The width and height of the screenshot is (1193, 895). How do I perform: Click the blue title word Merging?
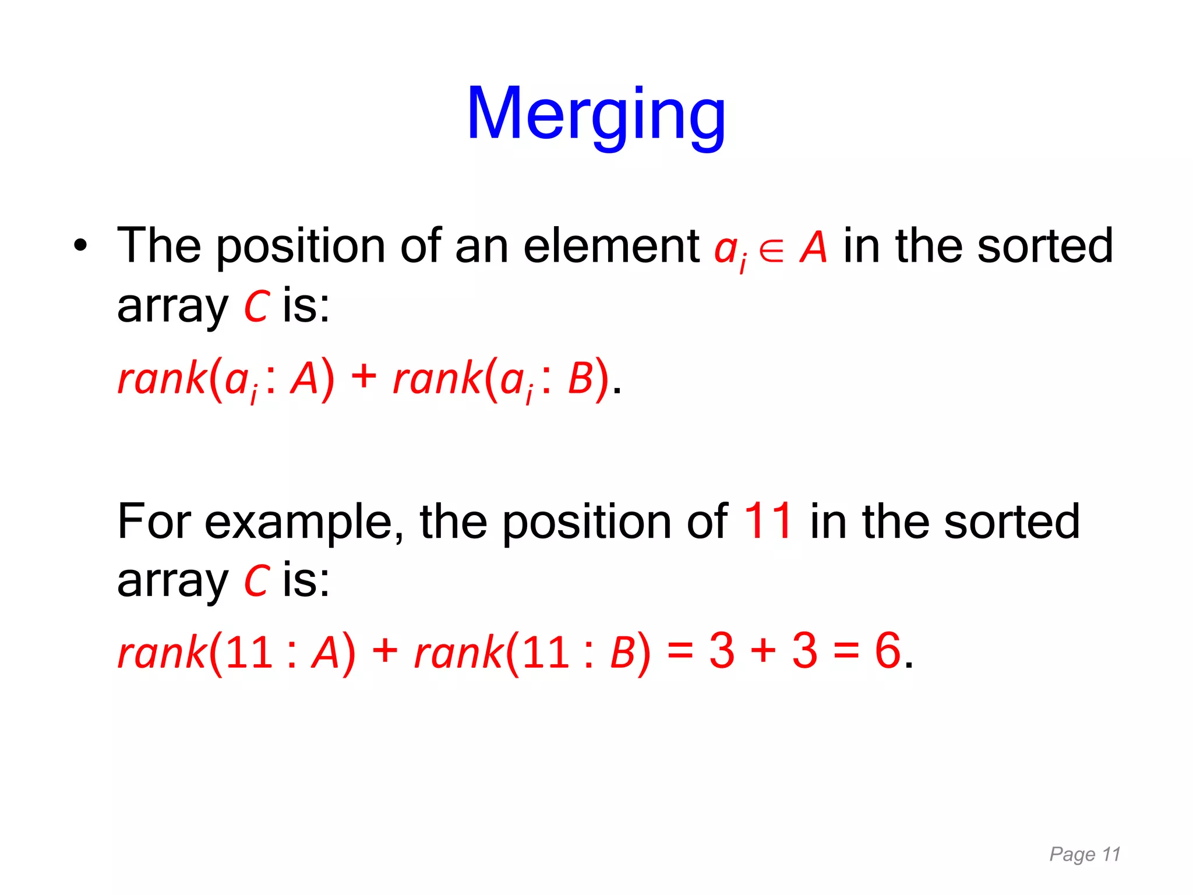tap(596, 114)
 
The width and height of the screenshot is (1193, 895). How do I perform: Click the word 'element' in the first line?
tap(611, 246)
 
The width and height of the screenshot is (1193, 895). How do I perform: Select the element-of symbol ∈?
tap(771, 251)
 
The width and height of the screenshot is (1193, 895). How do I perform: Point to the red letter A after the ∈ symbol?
tap(813, 247)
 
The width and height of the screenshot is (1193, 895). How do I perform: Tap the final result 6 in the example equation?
tap(888, 650)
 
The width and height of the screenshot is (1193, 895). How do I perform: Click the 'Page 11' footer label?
tap(1085, 854)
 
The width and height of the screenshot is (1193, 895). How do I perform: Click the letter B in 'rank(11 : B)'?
tap(622, 653)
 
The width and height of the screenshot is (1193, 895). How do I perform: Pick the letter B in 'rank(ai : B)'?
tap(580, 379)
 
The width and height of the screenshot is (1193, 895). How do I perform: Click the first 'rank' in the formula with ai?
tap(162, 379)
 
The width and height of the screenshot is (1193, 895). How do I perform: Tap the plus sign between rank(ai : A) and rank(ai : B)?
tap(364, 376)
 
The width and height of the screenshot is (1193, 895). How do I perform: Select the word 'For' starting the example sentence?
tap(154, 521)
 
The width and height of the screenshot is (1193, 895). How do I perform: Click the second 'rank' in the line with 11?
tap(458, 653)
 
